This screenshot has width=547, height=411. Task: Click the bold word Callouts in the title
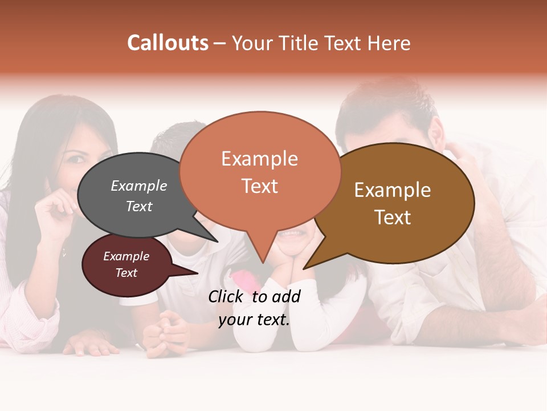[x=168, y=43]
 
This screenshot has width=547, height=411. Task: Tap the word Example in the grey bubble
[x=139, y=186]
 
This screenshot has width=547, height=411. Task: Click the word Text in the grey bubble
[x=139, y=206]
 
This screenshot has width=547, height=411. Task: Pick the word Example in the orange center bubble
[x=259, y=159]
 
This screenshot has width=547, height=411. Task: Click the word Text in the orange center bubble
[x=259, y=186]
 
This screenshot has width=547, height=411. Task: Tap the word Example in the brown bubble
[x=393, y=190]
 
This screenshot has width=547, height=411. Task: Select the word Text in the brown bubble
[x=393, y=217]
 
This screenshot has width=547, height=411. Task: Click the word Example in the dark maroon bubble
[x=126, y=256]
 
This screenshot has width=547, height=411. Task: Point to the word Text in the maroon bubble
[x=126, y=273]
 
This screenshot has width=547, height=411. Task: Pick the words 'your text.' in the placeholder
[x=254, y=320]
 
